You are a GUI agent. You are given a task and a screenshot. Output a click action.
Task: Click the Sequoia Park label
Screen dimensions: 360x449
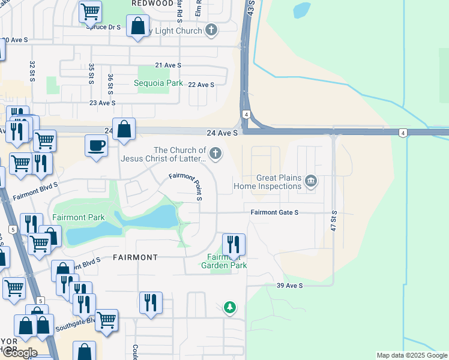(x=158, y=83)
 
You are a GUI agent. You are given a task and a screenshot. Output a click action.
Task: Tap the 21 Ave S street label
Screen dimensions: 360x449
(x=167, y=65)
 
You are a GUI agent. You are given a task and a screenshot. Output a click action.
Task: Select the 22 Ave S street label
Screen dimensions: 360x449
(x=201, y=85)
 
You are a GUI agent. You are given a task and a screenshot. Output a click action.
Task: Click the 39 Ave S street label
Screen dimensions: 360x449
(x=289, y=286)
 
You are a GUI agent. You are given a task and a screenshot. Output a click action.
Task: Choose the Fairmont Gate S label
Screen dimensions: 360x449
(x=274, y=212)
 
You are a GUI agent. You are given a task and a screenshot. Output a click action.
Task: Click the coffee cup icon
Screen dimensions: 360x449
(x=96, y=146)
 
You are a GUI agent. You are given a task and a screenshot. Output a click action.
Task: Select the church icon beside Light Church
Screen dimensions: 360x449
(x=211, y=30)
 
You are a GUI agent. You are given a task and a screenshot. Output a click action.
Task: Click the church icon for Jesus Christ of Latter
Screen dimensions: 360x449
(x=215, y=155)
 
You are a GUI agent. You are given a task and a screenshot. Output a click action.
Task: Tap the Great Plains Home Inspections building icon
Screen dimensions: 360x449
(x=310, y=181)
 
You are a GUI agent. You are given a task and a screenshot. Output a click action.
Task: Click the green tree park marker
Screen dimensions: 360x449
(x=229, y=308)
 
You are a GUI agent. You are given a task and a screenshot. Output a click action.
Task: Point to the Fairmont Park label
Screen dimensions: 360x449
(x=79, y=217)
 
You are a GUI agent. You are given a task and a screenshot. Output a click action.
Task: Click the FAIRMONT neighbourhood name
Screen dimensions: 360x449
(x=135, y=257)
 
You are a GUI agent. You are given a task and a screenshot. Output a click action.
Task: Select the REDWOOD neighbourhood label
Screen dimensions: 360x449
(x=152, y=4)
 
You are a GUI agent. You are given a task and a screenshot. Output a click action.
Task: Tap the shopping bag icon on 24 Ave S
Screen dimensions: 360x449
(x=124, y=129)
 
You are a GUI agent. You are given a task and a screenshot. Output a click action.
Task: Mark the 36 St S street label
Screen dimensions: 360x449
(x=110, y=84)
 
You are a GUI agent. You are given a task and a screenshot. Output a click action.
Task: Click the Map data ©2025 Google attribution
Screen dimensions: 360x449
(x=411, y=355)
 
